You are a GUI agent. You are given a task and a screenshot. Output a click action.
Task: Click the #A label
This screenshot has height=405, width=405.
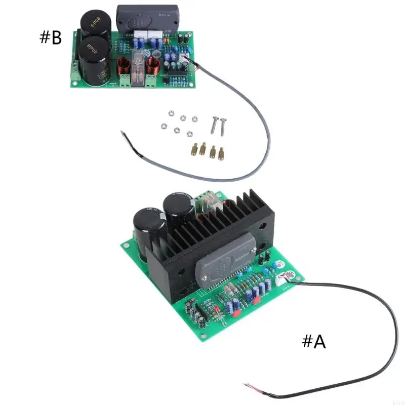click(x=314, y=342)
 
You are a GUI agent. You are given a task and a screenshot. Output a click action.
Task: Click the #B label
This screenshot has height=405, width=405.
click(x=51, y=37)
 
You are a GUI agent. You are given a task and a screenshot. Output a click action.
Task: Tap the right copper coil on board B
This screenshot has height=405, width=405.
click(x=154, y=66)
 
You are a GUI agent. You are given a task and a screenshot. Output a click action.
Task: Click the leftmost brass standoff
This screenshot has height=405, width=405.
click(x=194, y=149)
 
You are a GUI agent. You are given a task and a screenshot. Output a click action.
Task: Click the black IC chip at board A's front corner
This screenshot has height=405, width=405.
click(x=205, y=308)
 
